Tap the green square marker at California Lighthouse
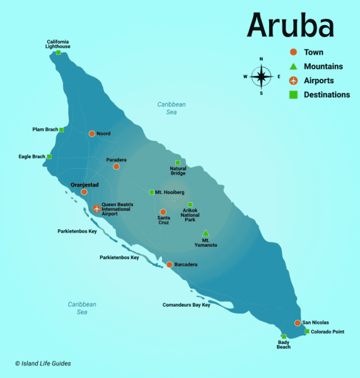[59, 53]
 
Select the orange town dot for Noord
[92, 134]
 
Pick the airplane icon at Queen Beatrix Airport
[96, 209]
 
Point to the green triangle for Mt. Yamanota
[206, 233]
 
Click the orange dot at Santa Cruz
[163, 212]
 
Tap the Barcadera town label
[186, 265]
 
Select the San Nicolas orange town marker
[298, 323]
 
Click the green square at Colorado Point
[307, 331]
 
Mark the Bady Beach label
[284, 344]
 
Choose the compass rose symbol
[261, 77]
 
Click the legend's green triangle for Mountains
[293, 66]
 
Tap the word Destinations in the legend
[327, 95]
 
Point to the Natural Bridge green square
[178, 163]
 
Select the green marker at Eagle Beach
[49, 157]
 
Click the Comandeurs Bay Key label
[186, 306]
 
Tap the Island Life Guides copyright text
[43, 364]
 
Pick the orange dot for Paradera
[116, 166]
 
